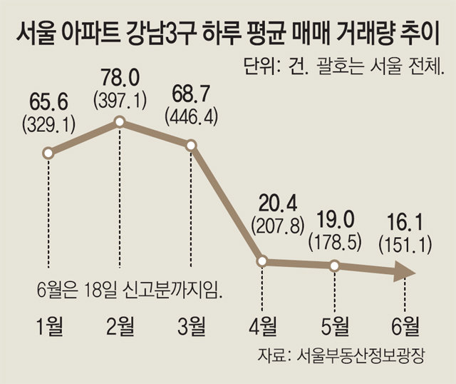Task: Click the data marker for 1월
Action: [x=48, y=153]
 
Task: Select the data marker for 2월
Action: [x=120, y=122]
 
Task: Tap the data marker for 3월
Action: [x=191, y=145]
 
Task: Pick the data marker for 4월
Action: [x=262, y=261]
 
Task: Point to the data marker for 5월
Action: [x=333, y=266]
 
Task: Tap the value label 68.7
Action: [x=191, y=93]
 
